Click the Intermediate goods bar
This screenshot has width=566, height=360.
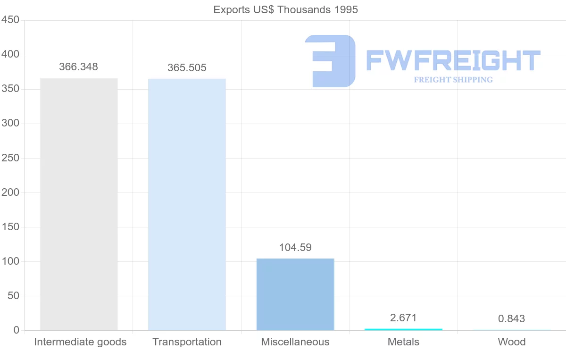click(x=79, y=204)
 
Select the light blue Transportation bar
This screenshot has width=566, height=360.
click(x=187, y=204)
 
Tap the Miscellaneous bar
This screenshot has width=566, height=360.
click(x=295, y=294)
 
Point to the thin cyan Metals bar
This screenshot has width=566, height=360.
click(x=403, y=329)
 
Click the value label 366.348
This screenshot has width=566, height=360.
click(x=78, y=67)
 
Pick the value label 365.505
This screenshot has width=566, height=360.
click(x=187, y=68)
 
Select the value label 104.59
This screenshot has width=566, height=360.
click(x=295, y=248)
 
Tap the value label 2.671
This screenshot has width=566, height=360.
click(x=403, y=318)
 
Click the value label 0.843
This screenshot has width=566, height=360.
click(x=511, y=319)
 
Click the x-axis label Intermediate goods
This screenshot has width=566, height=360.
click(x=80, y=342)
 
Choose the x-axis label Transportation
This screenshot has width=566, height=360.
click(x=187, y=342)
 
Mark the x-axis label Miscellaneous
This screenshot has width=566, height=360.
click(x=295, y=342)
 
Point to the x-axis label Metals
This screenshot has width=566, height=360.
click(x=403, y=342)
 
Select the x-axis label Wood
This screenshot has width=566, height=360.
click(x=511, y=342)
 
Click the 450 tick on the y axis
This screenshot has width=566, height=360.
click(x=10, y=20)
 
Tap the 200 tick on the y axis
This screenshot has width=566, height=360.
click(x=10, y=193)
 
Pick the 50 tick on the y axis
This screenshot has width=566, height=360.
click(x=13, y=296)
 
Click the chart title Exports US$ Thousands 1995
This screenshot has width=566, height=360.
click(x=285, y=9)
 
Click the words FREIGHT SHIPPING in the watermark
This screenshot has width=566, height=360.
click(x=453, y=80)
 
